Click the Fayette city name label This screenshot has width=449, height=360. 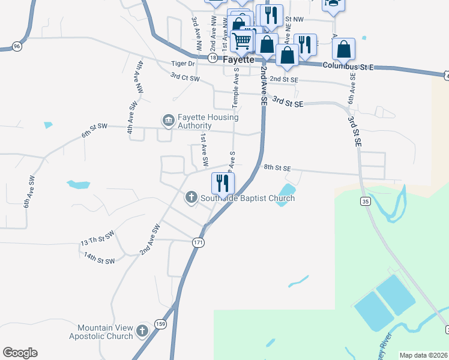239,61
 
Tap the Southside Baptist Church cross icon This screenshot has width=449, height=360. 191,197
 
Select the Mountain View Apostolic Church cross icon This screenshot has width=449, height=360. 142,331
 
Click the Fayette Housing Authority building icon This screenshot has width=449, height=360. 168,121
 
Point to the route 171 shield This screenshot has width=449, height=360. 198,242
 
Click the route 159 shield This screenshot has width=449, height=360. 160,324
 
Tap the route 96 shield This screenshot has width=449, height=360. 16,46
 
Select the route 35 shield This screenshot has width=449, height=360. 364,202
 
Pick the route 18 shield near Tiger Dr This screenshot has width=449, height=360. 212,58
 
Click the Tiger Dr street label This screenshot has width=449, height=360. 184,64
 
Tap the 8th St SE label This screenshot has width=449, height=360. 277,169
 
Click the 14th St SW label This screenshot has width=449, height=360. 99,259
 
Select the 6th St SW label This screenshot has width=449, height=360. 94,130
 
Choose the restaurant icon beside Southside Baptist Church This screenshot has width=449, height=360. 223,182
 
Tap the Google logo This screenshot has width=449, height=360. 20,353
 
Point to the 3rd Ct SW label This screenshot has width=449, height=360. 184,77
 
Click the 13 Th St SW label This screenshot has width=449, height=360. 97,238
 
